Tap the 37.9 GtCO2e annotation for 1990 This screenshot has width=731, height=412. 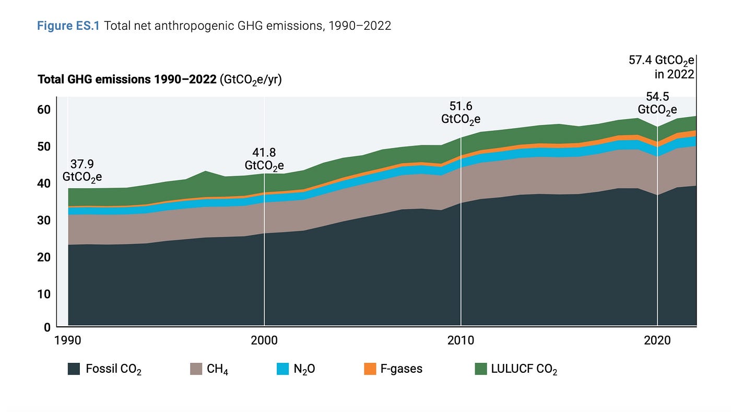[82, 170]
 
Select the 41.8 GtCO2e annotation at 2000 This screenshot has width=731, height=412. [264, 159]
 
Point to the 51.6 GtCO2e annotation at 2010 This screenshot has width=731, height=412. [461, 113]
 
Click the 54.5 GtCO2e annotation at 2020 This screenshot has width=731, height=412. [657, 103]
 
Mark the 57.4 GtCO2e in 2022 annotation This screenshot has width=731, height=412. [662, 67]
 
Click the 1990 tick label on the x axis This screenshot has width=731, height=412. [68, 340]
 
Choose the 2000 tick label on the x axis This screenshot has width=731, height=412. [264, 340]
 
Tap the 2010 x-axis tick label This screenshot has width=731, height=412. [461, 340]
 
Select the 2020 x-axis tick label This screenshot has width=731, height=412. [657, 340]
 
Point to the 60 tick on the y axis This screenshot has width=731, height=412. [43, 109]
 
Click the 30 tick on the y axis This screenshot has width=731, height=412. [43, 220]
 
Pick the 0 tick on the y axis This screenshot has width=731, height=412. [47, 327]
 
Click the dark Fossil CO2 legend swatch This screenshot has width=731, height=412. [74, 369]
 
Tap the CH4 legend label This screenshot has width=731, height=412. [217, 369]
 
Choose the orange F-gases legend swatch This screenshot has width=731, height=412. [370, 369]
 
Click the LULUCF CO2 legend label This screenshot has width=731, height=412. [524, 369]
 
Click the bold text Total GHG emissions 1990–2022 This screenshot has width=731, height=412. [127, 80]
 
